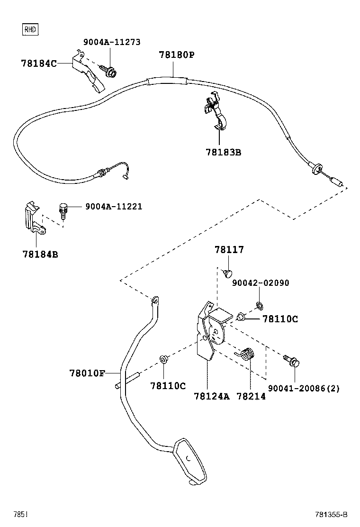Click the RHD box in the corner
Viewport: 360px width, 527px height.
tap(30, 30)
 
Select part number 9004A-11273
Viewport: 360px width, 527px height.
tap(112, 42)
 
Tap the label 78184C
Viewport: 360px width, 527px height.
tap(39, 63)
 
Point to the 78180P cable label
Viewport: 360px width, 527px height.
tap(176, 55)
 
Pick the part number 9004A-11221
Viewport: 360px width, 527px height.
tap(114, 207)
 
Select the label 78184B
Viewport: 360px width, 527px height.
tap(40, 254)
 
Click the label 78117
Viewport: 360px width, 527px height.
tap(229, 250)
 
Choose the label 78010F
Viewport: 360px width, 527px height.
tap(88, 373)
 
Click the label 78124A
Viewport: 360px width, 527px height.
tap(212, 396)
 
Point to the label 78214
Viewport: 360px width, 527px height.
tap(251, 396)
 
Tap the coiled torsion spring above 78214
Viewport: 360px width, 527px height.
tap(247, 354)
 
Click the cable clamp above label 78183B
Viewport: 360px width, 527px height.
tap(217, 114)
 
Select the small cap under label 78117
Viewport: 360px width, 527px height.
tap(227, 273)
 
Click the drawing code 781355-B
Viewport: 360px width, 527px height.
tap(332, 515)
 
